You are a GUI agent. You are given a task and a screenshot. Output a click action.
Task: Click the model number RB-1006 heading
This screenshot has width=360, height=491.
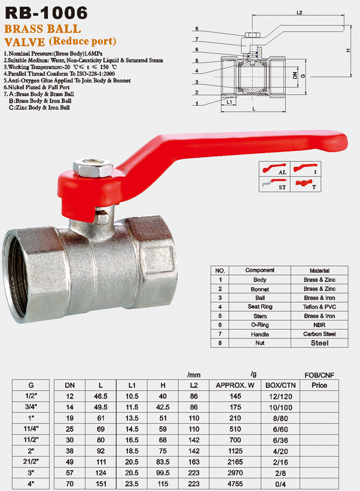(x=47, y=13)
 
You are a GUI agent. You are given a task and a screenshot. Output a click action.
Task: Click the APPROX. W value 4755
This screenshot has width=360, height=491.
(x=235, y=484)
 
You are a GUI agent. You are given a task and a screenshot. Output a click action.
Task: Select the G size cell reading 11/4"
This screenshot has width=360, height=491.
(x=30, y=429)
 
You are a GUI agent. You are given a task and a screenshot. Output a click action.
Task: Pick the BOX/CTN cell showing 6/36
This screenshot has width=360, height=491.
(x=280, y=440)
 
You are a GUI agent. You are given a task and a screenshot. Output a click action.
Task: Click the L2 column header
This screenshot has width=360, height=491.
(x=194, y=385)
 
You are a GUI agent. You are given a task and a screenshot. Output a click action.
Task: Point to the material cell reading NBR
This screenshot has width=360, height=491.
(x=320, y=325)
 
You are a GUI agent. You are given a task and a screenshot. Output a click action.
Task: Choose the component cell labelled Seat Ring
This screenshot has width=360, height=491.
(x=260, y=306)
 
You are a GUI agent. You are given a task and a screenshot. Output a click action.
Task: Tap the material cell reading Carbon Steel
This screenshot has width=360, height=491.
(x=320, y=334)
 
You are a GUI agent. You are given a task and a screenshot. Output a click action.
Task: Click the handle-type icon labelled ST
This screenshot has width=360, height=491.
(x=275, y=185)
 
